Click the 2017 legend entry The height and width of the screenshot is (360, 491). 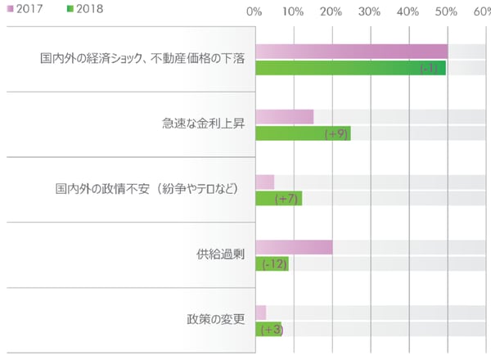coord(25,9)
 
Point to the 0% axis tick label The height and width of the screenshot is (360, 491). coord(254,11)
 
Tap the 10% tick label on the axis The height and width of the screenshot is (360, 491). coord(292,11)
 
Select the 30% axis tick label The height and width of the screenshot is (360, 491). coord(369,11)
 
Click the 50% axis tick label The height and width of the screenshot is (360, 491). coord(446,11)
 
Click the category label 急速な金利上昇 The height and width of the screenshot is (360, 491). coord(198,124)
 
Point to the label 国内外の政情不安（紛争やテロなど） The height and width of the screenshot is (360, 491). coord(141,189)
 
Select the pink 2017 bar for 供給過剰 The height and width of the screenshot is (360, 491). coord(294,247)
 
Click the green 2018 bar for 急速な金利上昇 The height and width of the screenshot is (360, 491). coord(303,133)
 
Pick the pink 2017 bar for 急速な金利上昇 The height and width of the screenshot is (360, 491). coord(284,117)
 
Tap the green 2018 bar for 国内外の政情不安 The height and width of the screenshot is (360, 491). coord(278,198)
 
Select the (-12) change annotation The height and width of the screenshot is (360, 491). coord(274,263)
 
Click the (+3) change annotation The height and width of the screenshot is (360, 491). coord(269,329)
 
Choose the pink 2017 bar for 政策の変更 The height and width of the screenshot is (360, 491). coord(260,313)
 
